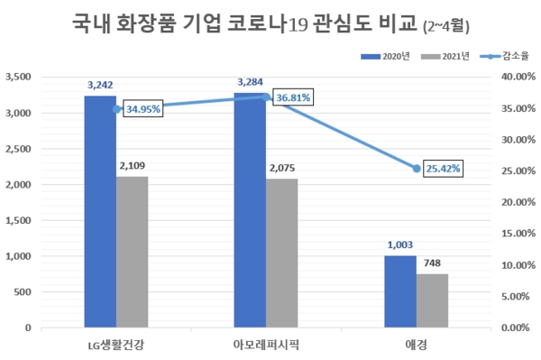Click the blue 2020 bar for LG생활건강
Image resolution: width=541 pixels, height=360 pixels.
[x=100, y=211]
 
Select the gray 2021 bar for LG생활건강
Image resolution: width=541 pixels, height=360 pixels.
[x=132, y=252]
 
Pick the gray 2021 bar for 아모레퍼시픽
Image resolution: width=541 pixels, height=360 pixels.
[x=281, y=253]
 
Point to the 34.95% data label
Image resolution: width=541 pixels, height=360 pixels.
[x=142, y=109]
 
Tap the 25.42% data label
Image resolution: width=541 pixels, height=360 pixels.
[x=441, y=168]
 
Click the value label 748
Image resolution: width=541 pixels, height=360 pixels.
[x=432, y=263]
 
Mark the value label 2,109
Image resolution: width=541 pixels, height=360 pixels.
[x=132, y=166]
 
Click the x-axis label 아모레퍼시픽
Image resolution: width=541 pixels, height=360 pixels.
[x=265, y=344]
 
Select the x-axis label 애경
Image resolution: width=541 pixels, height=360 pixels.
[x=416, y=344]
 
